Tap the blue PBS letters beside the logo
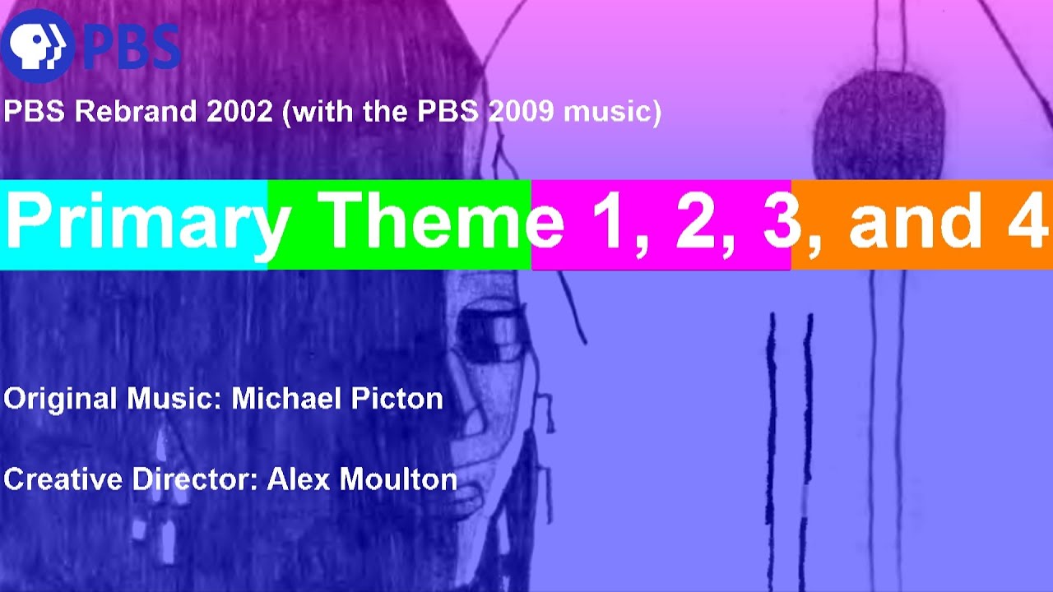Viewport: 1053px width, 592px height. point(132,48)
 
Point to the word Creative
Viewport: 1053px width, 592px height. point(63,479)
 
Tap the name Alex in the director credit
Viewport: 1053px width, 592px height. point(299,479)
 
